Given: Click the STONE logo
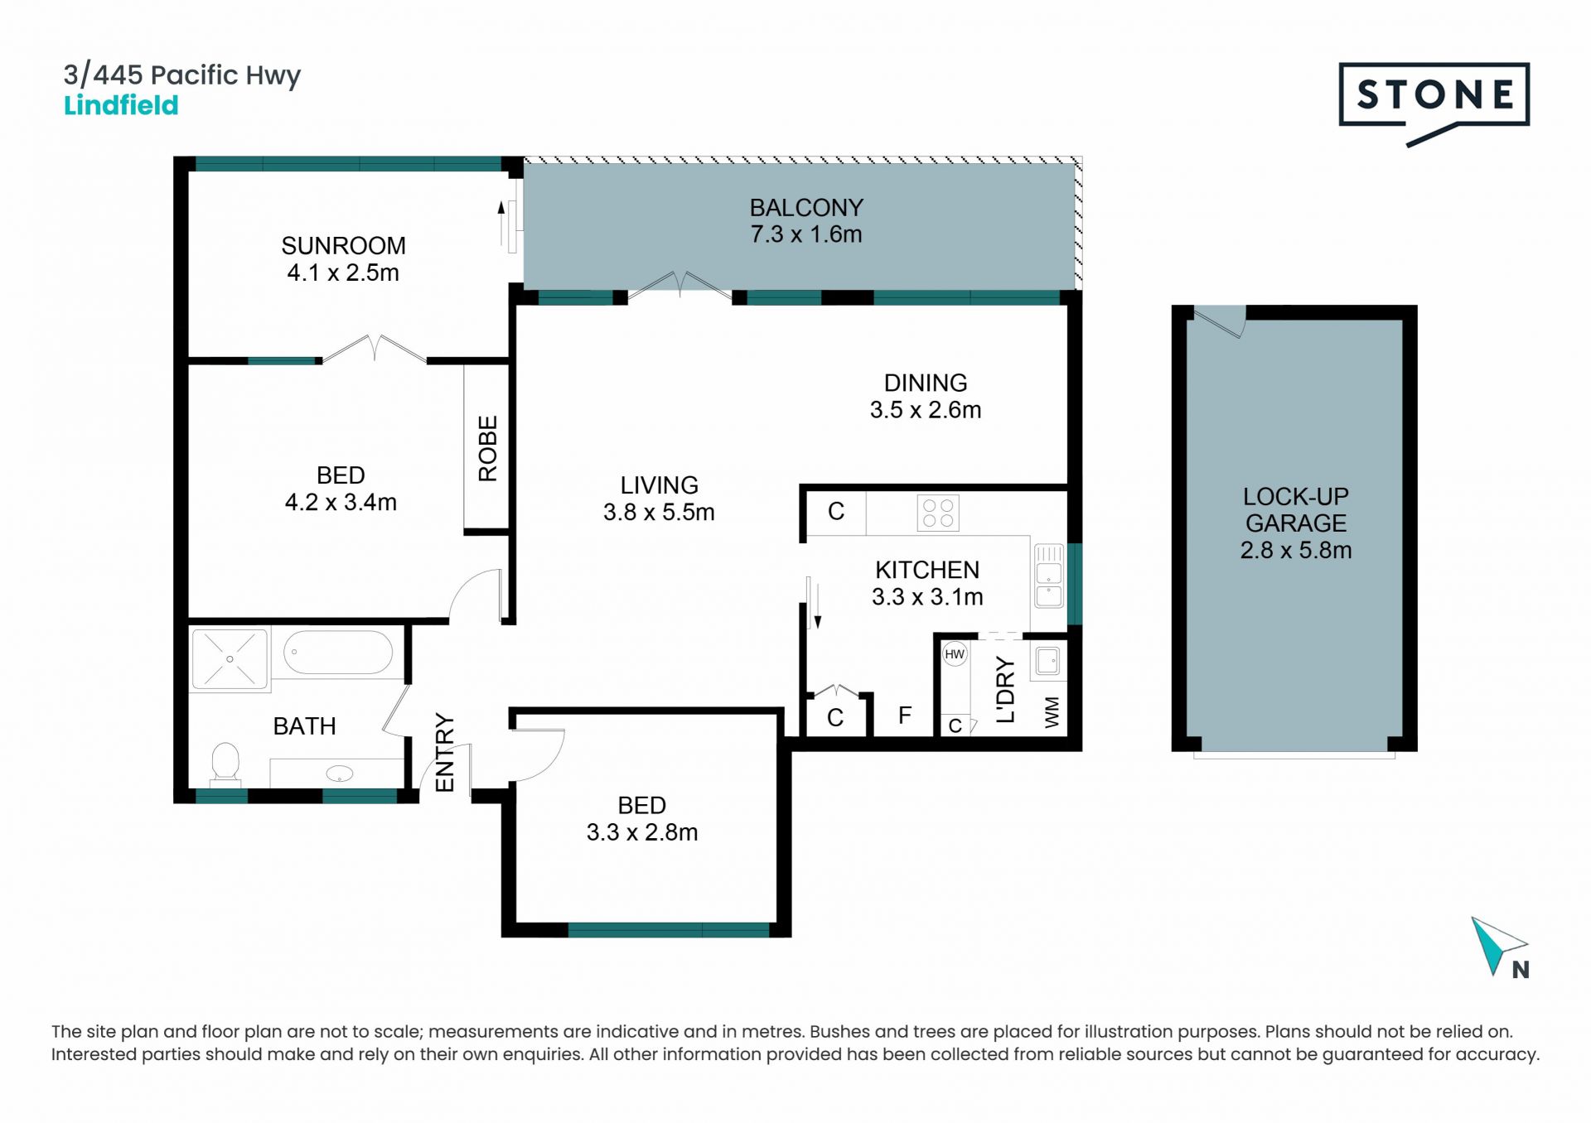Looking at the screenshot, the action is tap(1434, 103).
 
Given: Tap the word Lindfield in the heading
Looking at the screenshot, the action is tap(121, 105).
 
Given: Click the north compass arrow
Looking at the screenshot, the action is tap(1497, 945).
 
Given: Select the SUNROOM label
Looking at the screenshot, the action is tap(343, 245).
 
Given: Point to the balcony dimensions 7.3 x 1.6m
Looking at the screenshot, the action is tap(806, 234).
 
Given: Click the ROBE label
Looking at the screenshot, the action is tap(487, 448).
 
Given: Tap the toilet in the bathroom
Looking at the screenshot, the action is tap(225, 763).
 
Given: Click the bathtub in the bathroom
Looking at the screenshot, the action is tap(338, 653).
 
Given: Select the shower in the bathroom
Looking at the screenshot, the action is tap(230, 658).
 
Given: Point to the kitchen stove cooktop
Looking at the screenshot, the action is tap(938, 513).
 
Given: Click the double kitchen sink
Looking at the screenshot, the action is tap(1049, 576).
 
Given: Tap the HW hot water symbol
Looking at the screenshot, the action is tap(955, 654).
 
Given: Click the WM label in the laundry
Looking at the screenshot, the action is tap(1052, 712).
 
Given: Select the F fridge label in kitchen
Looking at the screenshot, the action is tap(905, 715).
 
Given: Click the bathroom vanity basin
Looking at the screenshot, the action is tap(339, 774).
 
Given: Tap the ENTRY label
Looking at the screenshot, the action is tap(445, 753).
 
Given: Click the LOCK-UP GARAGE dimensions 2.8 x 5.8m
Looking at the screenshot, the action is tap(1296, 550).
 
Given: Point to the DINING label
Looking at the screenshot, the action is tap(926, 383).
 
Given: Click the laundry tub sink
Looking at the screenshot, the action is tap(1048, 662).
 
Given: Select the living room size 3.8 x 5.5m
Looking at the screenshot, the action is tap(659, 512).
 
